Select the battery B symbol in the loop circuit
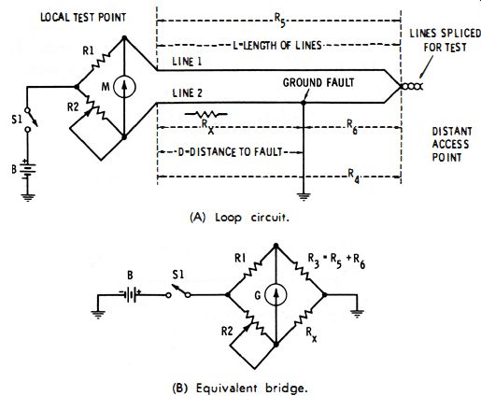point(28,170)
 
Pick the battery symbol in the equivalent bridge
point(131,294)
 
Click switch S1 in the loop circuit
point(31,120)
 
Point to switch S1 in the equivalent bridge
point(179,291)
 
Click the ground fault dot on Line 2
point(304,103)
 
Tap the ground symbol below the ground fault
point(304,197)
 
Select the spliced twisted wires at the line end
point(412,87)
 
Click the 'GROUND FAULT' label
point(318,83)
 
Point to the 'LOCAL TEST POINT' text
point(83,17)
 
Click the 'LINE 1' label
point(187,62)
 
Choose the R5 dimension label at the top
point(279,20)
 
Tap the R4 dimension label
point(354,176)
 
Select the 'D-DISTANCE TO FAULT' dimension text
point(230,152)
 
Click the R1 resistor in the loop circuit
point(100,61)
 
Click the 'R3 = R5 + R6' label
point(336,262)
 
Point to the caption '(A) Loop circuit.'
point(239,218)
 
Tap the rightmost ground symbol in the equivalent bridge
point(357,314)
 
